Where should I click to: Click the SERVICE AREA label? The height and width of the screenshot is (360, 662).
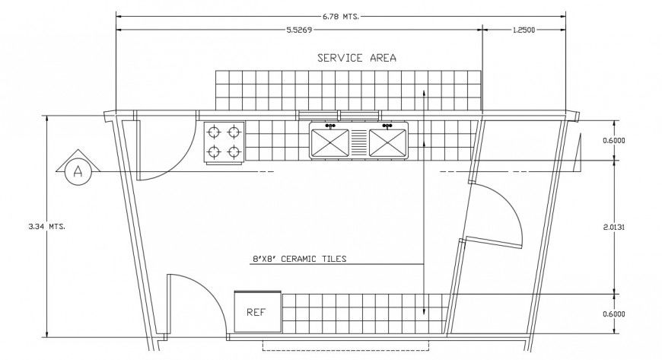[x=356, y=58]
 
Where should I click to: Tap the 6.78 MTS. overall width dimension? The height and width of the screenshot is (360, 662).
[x=341, y=14]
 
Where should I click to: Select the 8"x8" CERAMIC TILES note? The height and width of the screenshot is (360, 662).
[x=299, y=259]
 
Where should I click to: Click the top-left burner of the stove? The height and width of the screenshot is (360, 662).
[x=215, y=131]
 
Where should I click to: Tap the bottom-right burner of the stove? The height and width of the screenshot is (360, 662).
[x=234, y=152]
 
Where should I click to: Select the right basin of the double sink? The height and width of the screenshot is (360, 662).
[x=387, y=142]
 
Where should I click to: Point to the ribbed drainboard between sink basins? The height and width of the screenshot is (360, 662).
[x=359, y=142]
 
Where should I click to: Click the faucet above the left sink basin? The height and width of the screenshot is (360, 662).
[x=330, y=126]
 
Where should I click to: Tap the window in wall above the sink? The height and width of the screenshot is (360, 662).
[x=339, y=115]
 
